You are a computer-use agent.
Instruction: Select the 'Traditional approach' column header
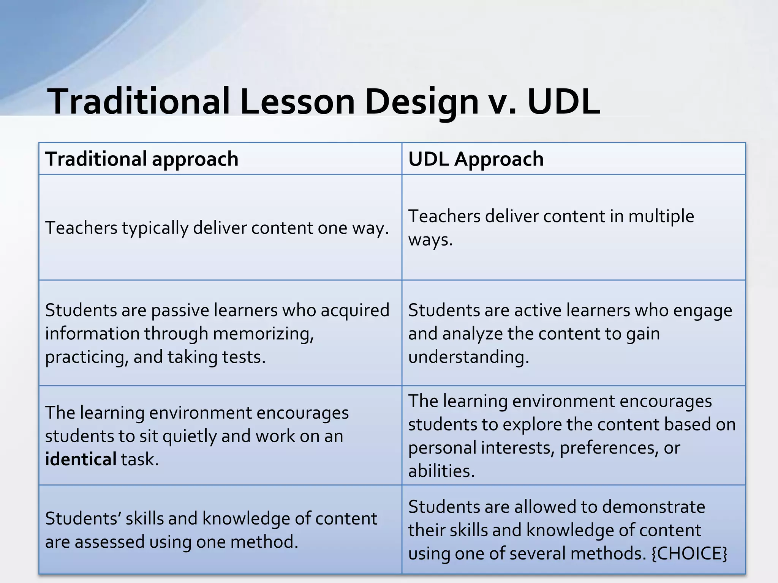pyautogui.click(x=142, y=159)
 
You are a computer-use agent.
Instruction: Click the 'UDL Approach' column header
pyautogui.click(x=476, y=159)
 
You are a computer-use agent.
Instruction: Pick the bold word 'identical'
pyautogui.click(x=81, y=459)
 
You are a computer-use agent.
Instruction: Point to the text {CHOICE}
pyautogui.click(x=689, y=553)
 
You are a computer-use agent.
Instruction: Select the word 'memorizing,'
pyautogui.click(x=263, y=334)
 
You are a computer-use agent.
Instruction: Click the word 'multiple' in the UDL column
pyautogui.click(x=661, y=216)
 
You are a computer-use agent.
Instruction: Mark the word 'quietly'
pyautogui.click(x=190, y=436)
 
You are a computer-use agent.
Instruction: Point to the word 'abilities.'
pyautogui.click(x=441, y=471)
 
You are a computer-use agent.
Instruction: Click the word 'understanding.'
pyautogui.click(x=468, y=357)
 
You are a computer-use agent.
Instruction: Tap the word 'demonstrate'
pyautogui.click(x=653, y=507)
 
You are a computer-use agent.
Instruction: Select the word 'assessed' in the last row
pyautogui.click(x=109, y=542)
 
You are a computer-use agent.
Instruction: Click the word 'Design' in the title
pyautogui.click(x=422, y=101)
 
